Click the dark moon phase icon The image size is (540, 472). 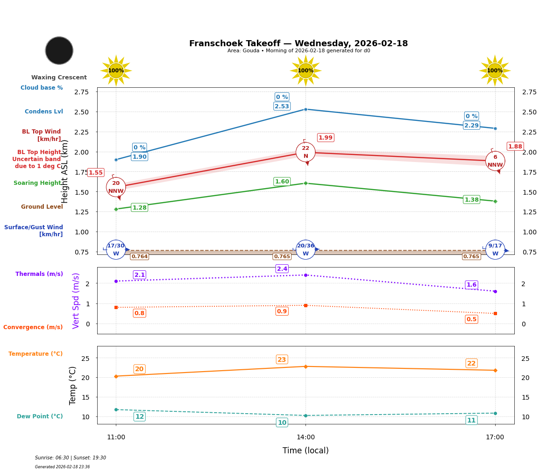59,50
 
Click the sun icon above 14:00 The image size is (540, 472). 306,70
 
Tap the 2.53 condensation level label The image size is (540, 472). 282,106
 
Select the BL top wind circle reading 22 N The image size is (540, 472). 306,152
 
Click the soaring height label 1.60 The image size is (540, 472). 282,182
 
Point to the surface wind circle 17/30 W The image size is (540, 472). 116,250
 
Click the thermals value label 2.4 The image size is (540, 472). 282,269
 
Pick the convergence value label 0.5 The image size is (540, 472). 471,319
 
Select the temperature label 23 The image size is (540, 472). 282,359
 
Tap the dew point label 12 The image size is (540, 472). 139,416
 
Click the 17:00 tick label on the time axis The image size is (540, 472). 495,437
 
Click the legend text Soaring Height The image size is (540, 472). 37,183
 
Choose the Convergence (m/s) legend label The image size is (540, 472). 33,327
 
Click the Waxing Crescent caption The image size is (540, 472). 59,77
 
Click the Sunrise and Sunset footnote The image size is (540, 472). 71,458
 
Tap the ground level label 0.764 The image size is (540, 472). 139,257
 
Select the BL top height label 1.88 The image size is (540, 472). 515,147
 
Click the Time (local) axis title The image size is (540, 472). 306,451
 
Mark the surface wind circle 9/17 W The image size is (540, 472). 495,250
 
